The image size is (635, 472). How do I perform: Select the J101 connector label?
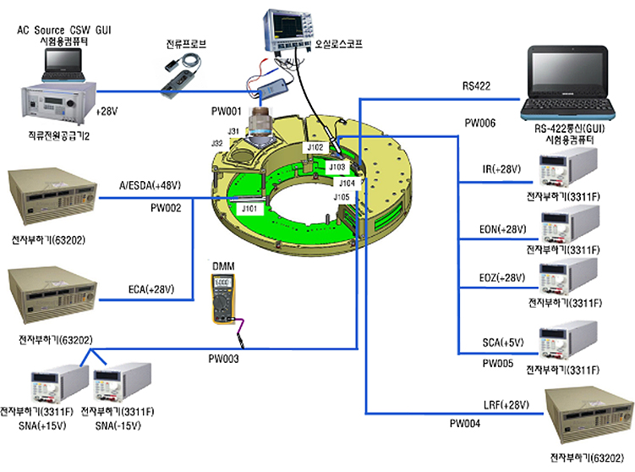(249, 206)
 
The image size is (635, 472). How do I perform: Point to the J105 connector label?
(342, 197)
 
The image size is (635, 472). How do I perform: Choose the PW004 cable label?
(464, 423)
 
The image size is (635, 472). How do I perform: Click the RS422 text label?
(477, 85)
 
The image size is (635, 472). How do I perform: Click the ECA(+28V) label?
(151, 289)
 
